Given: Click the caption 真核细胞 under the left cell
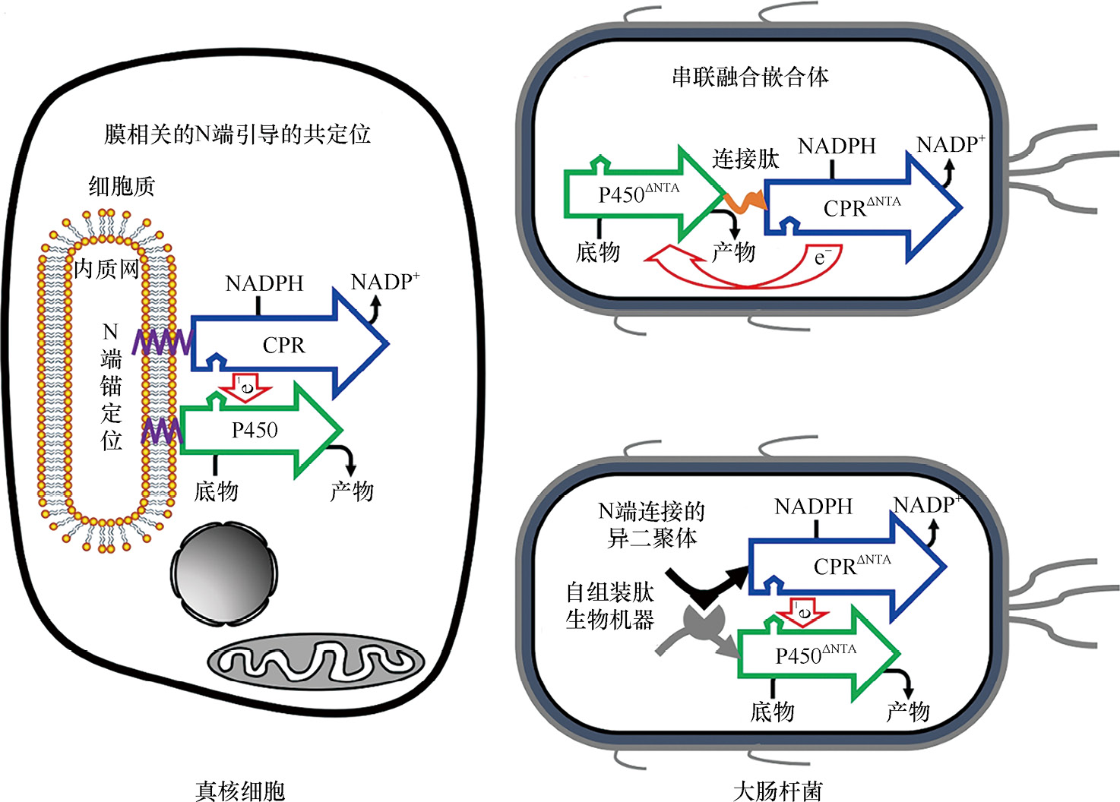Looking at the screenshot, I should [x=240, y=791].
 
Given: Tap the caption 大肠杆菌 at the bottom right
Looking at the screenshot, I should [x=777, y=791].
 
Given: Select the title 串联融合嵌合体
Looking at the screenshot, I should [x=750, y=77].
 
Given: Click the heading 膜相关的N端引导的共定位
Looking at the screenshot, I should [x=237, y=134].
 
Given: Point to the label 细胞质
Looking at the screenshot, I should [x=122, y=186].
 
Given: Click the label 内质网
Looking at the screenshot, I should [x=106, y=268].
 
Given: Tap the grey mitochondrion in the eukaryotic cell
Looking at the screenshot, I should [x=316, y=662].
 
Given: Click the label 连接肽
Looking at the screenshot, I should [x=745, y=159].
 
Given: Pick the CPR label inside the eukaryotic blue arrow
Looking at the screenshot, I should [x=283, y=346].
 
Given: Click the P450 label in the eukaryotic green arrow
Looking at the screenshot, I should [x=255, y=431].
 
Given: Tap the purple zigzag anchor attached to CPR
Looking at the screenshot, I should [x=162, y=343].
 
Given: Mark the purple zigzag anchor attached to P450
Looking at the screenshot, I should [x=162, y=432].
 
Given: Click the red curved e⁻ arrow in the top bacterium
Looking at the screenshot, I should [x=745, y=273].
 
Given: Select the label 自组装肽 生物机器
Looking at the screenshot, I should [x=609, y=606].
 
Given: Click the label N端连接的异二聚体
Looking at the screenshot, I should [x=652, y=525].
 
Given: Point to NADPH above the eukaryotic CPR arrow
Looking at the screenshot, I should [x=264, y=284].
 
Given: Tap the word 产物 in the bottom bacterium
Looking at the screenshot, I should [x=907, y=712].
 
